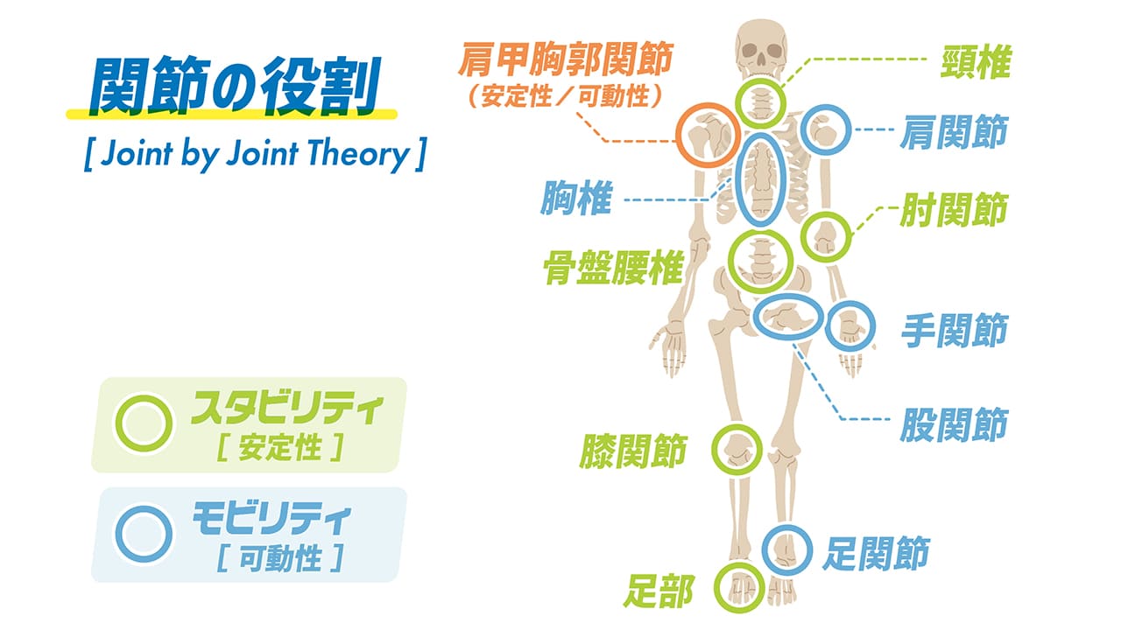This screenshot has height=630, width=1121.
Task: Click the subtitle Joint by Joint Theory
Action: pos(254,155)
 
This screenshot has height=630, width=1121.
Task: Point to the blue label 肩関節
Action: pos(954,133)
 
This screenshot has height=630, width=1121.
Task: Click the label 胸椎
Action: pos(575,200)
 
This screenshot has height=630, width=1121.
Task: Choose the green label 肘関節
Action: pos(954,210)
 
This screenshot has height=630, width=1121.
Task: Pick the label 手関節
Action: pos(954,332)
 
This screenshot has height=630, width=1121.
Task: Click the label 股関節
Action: pos(954,425)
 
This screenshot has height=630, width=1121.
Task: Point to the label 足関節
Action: pos(875,553)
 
